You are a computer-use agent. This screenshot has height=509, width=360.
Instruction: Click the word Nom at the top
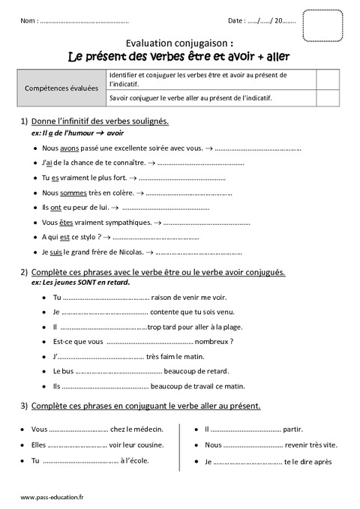click(28, 20)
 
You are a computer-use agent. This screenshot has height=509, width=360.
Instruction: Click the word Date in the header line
click(237, 20)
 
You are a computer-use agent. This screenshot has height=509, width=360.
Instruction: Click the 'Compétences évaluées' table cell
click(61, 88)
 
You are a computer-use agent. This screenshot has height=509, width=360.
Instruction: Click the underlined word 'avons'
click(70, 148)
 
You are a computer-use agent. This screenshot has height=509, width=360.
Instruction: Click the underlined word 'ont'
click(55, 208)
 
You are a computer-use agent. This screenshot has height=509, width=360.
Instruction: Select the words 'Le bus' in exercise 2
click(63, 371)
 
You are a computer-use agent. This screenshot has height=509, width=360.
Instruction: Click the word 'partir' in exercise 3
click(292, 430)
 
